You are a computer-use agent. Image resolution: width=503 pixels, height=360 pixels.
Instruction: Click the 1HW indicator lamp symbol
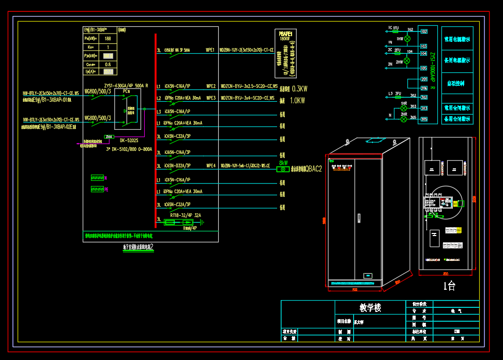(407, 39)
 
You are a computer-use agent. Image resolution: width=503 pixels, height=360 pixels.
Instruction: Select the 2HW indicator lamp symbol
(407, 60)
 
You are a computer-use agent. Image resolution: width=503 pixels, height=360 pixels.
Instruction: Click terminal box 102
(424, 32)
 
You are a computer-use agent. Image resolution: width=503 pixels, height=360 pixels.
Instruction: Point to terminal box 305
(424, 119)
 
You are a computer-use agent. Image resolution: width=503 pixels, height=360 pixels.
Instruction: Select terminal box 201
(424, 79)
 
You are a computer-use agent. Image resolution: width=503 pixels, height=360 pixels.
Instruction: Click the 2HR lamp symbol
(404, 119)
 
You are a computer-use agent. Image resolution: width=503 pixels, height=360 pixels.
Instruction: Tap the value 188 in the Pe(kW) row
(108, 38)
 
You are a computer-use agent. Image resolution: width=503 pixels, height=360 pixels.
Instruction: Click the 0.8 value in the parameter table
(108, 65)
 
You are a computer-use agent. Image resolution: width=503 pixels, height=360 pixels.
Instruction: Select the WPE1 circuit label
(210, 50)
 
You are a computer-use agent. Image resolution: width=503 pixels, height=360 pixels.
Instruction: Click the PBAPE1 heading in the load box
(285, 33)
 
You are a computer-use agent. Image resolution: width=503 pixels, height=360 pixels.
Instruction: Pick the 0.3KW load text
(300, 88)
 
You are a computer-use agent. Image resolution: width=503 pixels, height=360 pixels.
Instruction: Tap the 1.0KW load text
(297, 100)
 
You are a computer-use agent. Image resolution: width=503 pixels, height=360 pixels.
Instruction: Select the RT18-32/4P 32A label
(185, 215)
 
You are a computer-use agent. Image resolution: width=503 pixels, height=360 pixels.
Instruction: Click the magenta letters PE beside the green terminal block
(106, 190)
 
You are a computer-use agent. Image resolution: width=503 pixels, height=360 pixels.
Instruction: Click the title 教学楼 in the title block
(370, 308)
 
